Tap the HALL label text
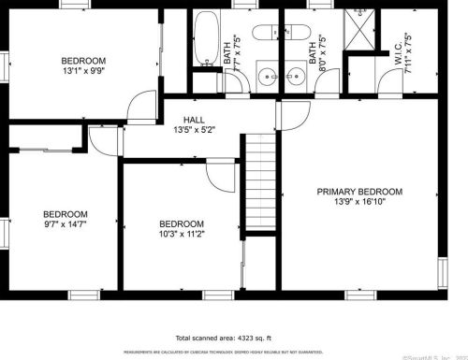(x=194, y=121)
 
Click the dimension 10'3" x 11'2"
(x=182, y=236)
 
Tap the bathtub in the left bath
(x=205, y=28)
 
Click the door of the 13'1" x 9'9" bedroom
(x=139, y=105)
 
